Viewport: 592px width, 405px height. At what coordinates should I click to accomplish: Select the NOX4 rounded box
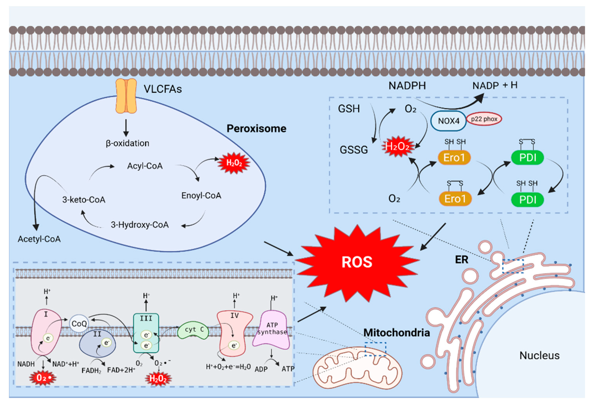[448, 121]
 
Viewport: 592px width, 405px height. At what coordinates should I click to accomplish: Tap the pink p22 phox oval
[484, 119]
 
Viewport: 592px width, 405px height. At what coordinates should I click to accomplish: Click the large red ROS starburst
[357, 262]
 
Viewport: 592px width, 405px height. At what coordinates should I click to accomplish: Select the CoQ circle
[79, 323]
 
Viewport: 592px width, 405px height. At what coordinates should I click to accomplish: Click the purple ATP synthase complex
[271, 330]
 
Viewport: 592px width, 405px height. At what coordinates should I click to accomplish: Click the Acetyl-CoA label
[39, 239]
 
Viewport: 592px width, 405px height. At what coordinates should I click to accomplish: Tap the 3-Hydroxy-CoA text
[140, 225]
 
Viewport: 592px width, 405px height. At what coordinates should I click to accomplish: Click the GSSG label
[354, 150]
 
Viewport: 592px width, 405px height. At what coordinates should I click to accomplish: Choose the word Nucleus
[539, 355]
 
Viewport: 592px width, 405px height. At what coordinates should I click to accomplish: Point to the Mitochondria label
[396, 332]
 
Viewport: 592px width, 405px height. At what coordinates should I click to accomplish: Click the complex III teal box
[146, 332]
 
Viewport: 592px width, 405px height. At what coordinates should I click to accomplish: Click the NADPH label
[407, 86]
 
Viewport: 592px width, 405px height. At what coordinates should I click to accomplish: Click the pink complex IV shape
[234, 332]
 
